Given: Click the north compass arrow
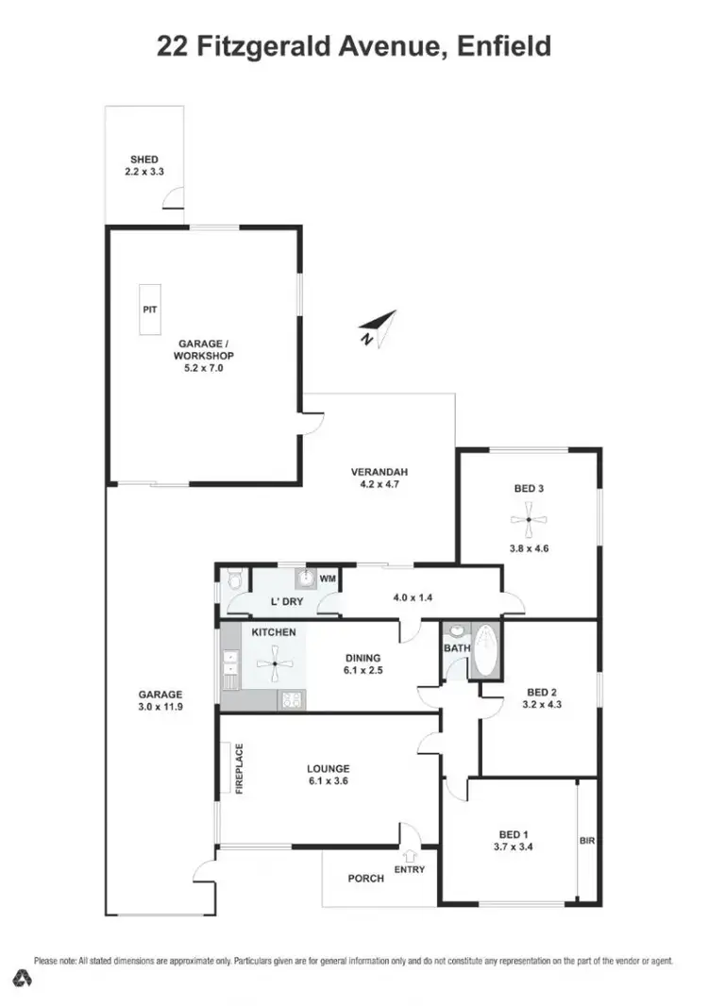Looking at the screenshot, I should tap(379, 327).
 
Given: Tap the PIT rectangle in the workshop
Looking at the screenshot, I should tap(149, 310).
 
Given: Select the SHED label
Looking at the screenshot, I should tap(144, 159).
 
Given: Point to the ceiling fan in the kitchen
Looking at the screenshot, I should tap(274, 664).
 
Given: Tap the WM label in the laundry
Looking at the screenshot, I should tap(328, 578).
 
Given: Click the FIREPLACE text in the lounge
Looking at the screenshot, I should tap(239, 769).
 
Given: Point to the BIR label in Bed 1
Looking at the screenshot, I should tap(586, 839).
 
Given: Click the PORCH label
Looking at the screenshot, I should tap(365, 879).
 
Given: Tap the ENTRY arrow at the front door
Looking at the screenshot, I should tap(409, 854).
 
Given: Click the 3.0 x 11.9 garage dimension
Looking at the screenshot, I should tap(160, 706).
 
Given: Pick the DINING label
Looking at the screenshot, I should tap(362, 658).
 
